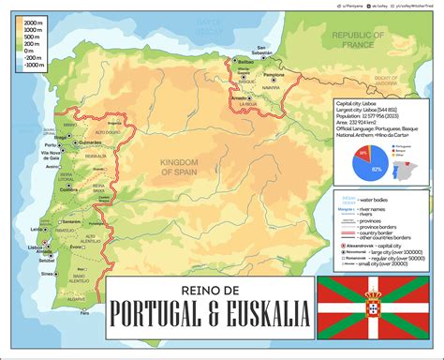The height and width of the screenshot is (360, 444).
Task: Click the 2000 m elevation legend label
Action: point(33,21)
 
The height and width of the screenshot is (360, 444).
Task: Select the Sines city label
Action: point(46,274)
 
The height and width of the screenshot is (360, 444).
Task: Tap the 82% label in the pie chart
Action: point(376,169)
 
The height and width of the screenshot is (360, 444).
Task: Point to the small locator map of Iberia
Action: point(418,170)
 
